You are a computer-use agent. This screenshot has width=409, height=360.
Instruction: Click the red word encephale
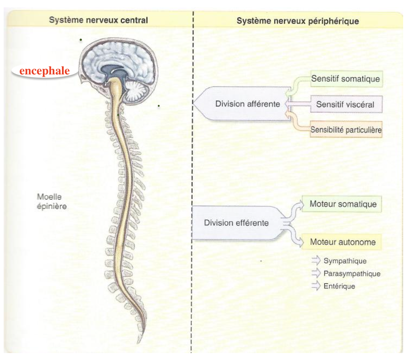44,71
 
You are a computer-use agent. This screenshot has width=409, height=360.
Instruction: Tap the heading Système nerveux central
99,20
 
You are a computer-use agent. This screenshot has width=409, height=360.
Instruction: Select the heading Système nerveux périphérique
298,21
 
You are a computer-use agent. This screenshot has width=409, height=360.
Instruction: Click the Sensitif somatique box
346,79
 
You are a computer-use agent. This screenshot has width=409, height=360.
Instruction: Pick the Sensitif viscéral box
345,104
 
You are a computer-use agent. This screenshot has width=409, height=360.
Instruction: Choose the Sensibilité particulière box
346,130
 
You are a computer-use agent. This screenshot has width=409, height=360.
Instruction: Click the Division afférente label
247,104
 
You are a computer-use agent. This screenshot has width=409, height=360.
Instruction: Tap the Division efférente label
236,223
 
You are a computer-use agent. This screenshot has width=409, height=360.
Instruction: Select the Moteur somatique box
343,204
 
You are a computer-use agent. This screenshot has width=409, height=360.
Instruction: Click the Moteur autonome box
343,242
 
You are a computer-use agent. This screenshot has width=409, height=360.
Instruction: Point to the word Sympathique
345,261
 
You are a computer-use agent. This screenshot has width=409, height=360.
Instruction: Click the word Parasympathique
352,273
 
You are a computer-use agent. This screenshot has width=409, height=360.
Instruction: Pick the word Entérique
339,286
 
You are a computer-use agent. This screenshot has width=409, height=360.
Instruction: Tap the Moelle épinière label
52,202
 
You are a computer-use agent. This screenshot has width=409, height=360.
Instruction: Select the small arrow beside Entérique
316,286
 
